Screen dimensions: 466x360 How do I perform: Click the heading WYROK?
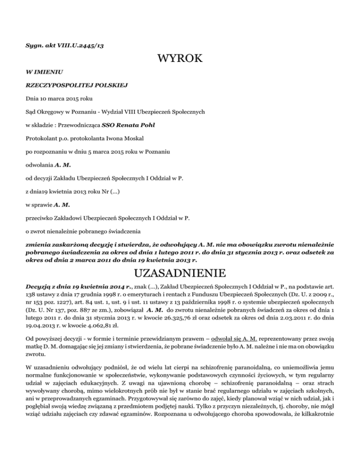180,60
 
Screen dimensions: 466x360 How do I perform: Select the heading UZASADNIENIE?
180,272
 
